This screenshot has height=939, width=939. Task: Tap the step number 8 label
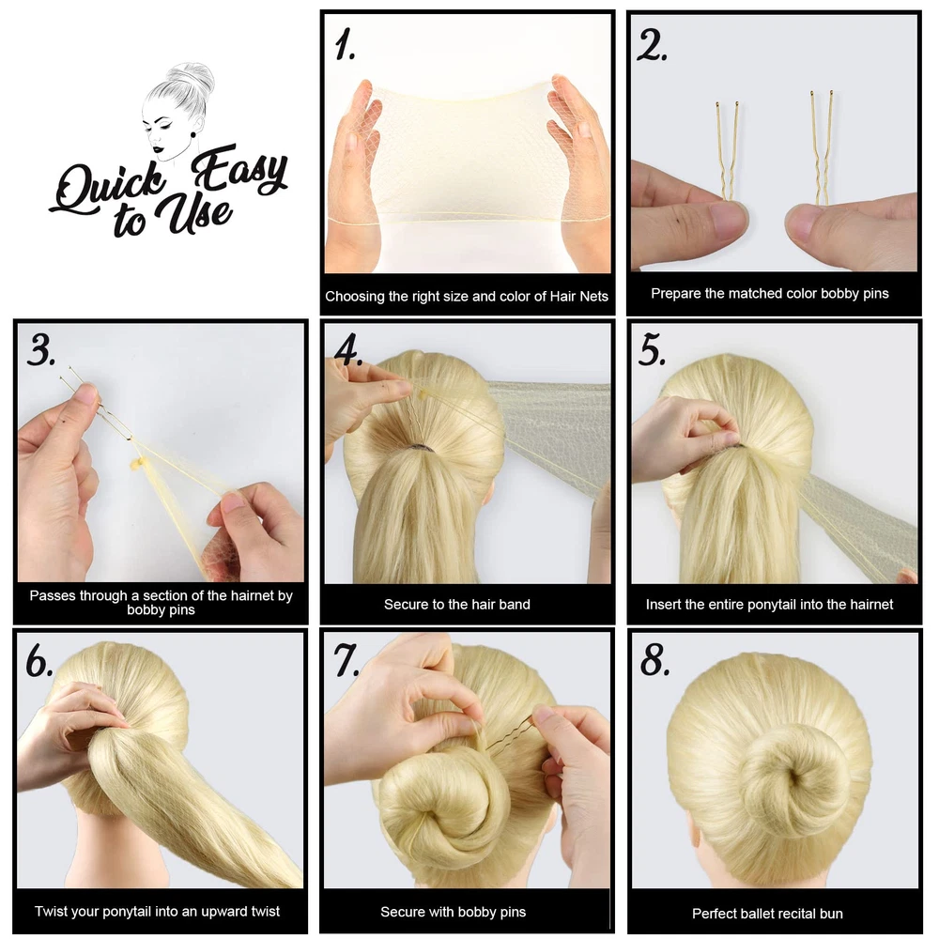[654, 660]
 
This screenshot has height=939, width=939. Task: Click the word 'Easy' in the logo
[239, 170]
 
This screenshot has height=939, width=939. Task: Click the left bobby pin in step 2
[727, 153]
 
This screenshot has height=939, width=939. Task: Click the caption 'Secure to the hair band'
[457, 604]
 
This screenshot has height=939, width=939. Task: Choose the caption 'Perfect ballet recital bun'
[767, 914]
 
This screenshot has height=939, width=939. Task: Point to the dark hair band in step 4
[419, 448]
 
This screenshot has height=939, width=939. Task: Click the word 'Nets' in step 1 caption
[593, 296]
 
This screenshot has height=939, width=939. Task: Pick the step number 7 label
[346, 660]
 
